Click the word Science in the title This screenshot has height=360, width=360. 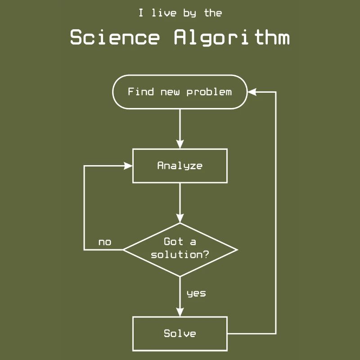[115, 38]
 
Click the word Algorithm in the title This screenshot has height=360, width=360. [232, 38]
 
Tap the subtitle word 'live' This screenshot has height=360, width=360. [164, 13]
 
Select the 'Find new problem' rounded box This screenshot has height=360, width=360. [180, 92]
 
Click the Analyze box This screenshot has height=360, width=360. [180, 166]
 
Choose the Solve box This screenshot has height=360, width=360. [180, 333]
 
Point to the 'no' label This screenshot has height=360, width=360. [104, 243]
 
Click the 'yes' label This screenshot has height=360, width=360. [196, 293]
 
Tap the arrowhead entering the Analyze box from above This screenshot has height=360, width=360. [180, 144]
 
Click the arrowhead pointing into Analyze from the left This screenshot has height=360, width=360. [128, 166]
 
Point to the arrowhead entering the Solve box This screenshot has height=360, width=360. [180, 312]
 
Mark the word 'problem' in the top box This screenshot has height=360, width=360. [209, 92]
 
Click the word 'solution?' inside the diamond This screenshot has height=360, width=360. [180, 255]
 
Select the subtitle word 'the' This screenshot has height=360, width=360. [213, 13]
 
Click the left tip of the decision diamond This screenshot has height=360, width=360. [124, 249]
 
